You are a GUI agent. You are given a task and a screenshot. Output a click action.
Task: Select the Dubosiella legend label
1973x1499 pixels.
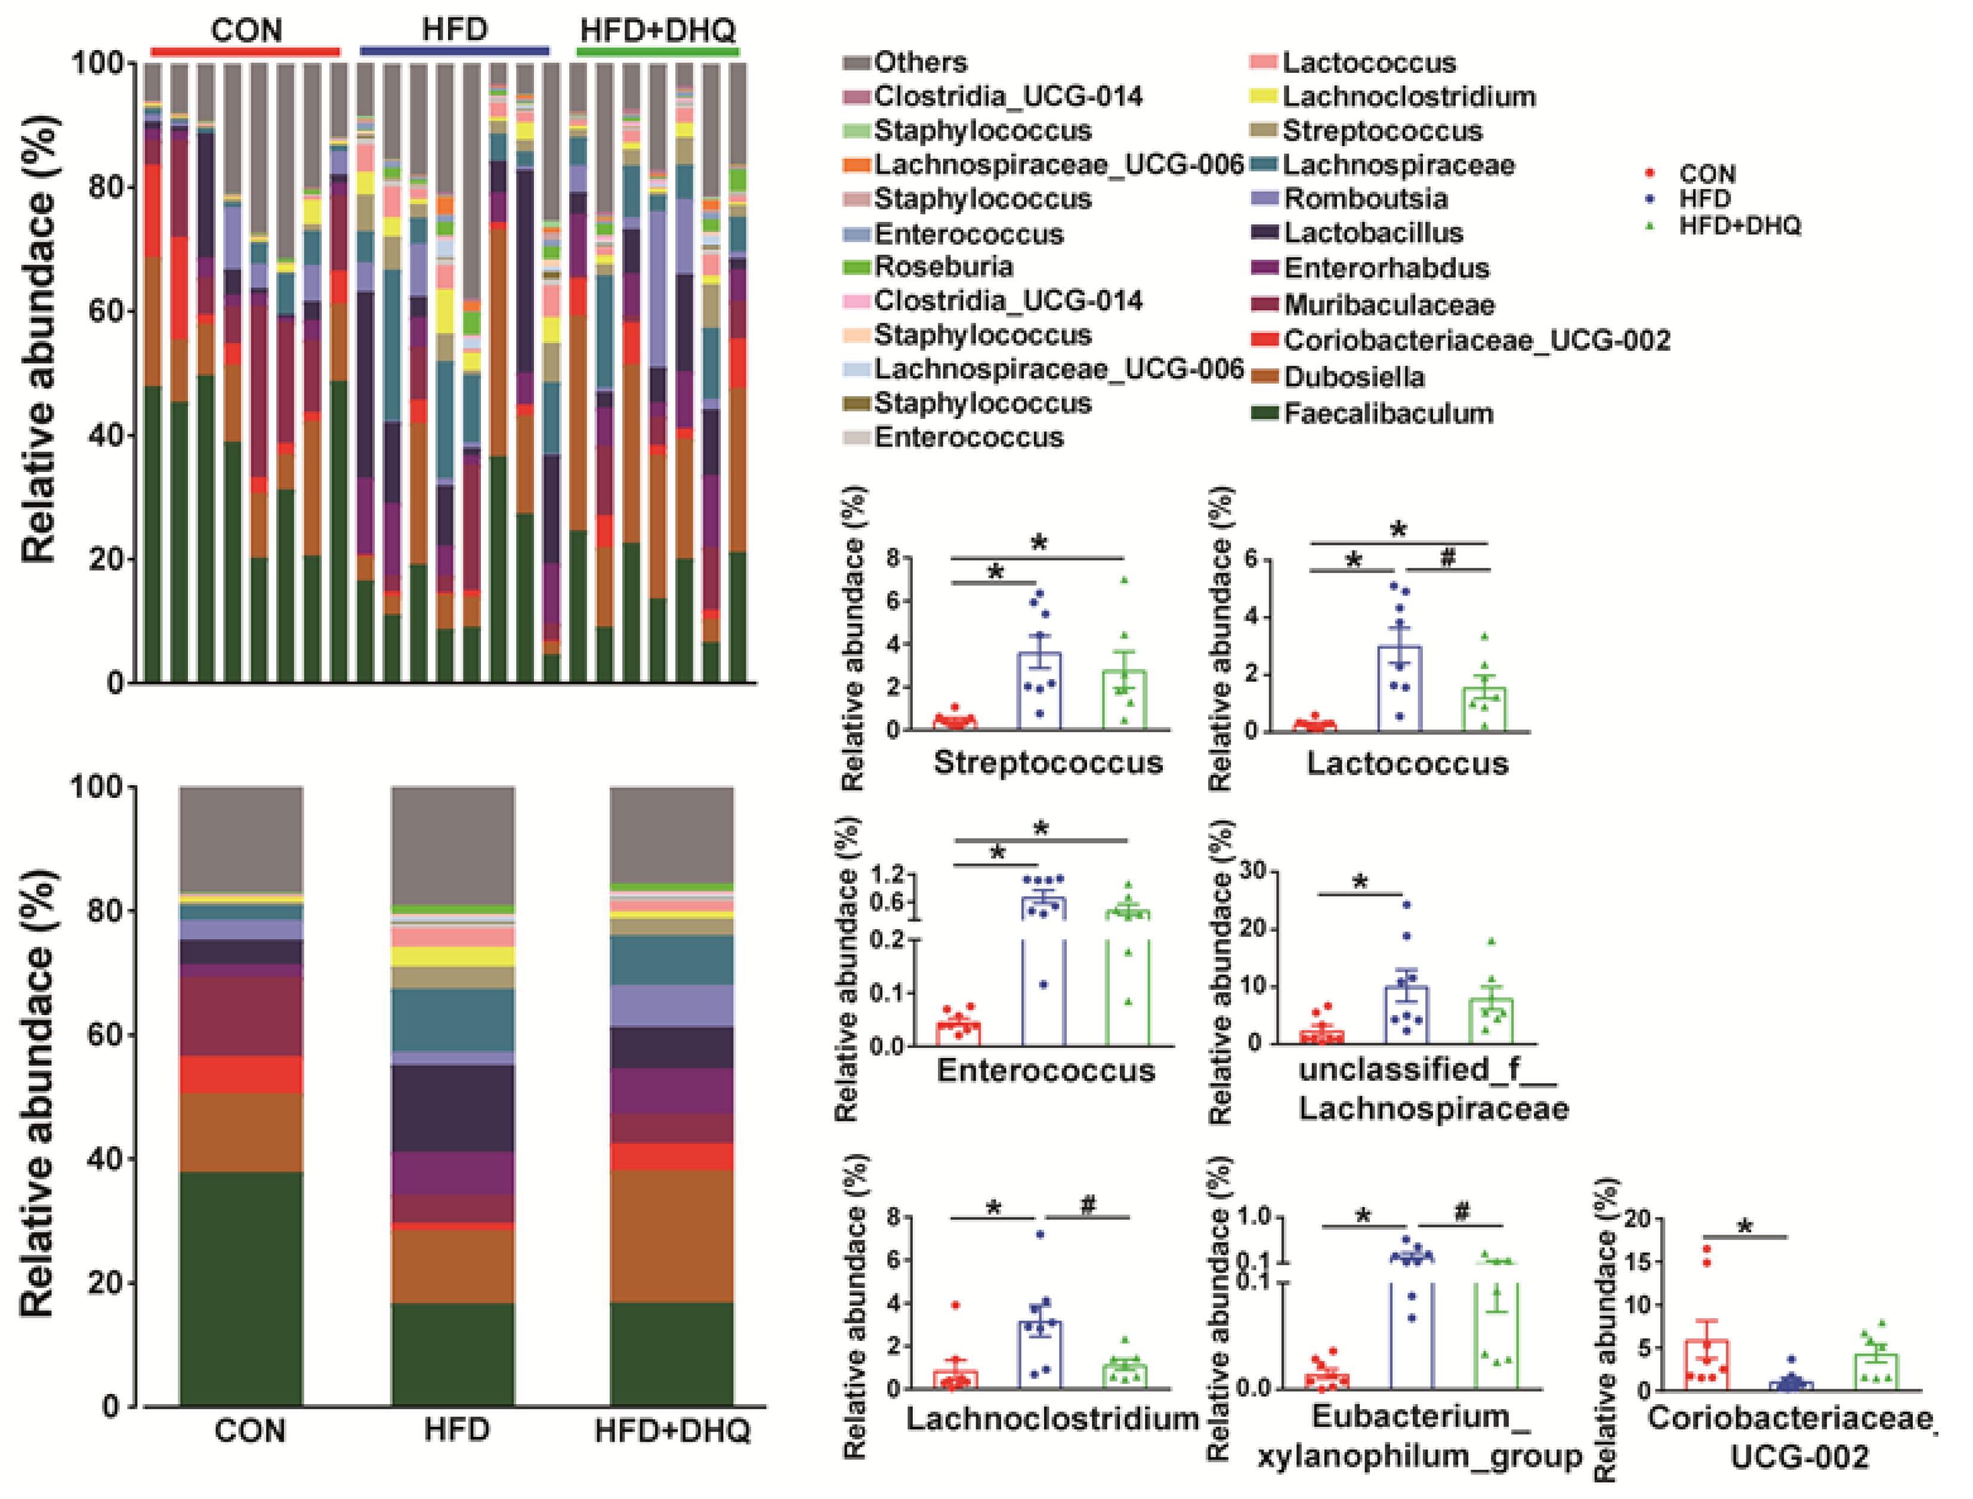1353,377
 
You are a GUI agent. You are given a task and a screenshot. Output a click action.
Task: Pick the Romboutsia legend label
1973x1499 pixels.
1364,198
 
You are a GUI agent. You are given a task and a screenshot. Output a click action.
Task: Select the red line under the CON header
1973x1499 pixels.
245,52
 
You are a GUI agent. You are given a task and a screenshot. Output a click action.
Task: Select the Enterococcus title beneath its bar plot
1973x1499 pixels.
1045,1070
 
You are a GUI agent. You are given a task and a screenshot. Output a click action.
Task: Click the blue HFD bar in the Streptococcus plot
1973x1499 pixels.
1039,692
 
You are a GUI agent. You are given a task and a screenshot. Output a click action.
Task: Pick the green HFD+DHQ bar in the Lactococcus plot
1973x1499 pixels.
1483,710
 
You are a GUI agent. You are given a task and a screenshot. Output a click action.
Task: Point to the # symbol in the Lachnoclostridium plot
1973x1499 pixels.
1087,1205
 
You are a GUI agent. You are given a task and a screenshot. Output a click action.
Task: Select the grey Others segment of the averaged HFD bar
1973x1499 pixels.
453,843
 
